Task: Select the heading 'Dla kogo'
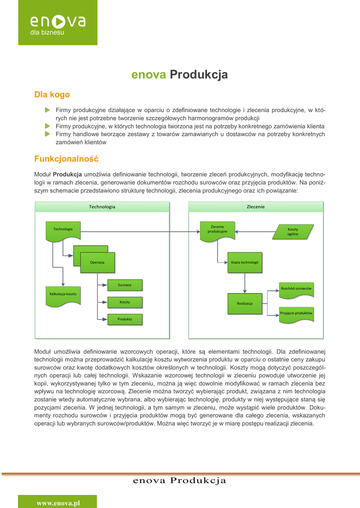52,95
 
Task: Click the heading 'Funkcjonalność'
66,159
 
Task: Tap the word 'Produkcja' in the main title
199,75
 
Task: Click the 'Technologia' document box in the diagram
63,230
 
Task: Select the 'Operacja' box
97,261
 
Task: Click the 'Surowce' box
125,285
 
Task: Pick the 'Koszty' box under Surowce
125,302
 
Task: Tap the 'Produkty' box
125,319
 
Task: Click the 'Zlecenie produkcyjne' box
217,230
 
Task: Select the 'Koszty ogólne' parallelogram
293,232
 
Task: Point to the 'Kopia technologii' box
244,262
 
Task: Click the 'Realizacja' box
245,303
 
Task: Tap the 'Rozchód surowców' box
296,289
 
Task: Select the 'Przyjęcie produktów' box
296,314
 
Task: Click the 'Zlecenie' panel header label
256,206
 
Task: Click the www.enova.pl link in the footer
58,503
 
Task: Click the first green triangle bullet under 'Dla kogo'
47,109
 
